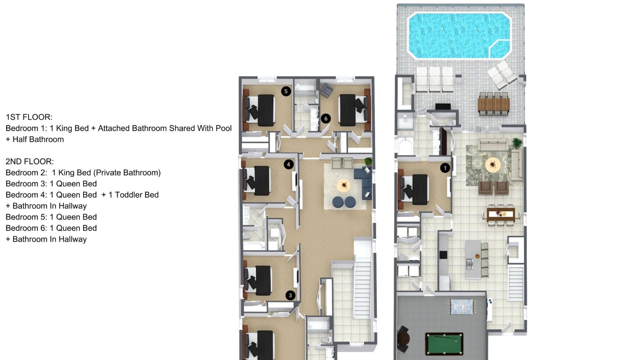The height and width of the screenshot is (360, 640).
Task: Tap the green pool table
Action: point(444,344)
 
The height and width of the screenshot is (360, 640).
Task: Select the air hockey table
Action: point(462,307)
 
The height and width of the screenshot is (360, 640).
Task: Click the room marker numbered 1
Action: point(445,168)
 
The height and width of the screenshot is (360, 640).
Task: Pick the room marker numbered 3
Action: point(290,295)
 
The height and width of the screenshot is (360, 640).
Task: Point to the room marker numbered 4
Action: point(288,164)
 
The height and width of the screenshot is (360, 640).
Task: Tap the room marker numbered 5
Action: point(286,91)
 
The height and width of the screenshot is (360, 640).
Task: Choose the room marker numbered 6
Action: point(326,118)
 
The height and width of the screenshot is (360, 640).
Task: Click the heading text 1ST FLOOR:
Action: point(29,117)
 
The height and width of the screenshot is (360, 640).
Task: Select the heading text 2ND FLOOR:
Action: point(30,162)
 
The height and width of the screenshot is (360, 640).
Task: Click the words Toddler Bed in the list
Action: point(137,195)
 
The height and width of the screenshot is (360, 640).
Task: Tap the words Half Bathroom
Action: point(38,140)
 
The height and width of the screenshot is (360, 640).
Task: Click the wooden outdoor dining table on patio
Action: point(494,104)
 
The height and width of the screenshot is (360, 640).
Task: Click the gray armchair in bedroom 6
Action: point(327,90)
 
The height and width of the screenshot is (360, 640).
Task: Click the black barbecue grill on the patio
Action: point(443,107)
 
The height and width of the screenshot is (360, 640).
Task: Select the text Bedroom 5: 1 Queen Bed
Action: point(51,217)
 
